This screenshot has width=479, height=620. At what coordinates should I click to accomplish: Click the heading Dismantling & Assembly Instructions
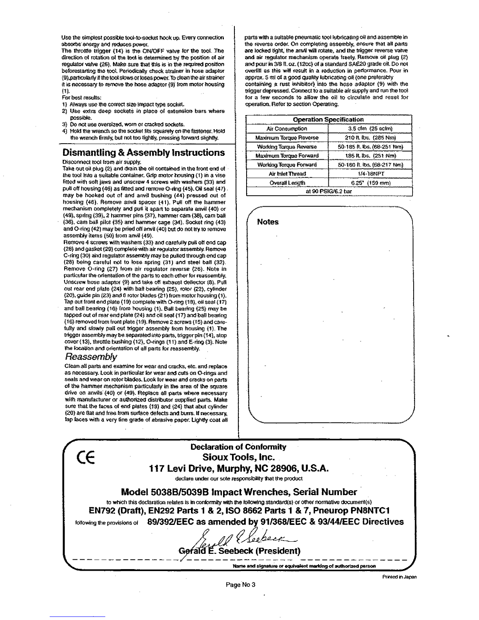click(144, 153)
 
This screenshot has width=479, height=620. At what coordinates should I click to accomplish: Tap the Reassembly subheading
click(90, 357)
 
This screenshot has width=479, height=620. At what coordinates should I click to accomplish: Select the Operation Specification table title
click(328, 119)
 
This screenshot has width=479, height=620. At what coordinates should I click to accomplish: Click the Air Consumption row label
click(287, 128)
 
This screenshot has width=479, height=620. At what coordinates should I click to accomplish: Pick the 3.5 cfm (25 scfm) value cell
click(370, 128)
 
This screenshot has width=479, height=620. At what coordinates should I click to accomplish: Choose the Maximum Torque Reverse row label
click(287, 137)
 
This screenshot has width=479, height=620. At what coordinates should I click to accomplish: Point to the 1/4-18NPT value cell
click(370, 173)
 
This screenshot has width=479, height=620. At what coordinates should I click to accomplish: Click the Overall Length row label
click(287, 183)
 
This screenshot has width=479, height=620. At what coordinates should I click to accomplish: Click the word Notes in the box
click(268, 222)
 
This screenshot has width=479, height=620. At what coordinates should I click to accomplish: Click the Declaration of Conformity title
click(238, 447)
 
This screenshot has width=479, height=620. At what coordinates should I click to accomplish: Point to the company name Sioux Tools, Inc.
click(238, 457)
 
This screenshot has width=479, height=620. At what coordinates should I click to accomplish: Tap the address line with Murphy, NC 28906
click(238, 469)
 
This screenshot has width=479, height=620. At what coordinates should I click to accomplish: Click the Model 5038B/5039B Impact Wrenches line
click(239, 492)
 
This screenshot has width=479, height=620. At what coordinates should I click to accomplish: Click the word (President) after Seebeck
click(278, 551)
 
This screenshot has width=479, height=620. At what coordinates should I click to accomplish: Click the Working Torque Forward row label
click(287, 164)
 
